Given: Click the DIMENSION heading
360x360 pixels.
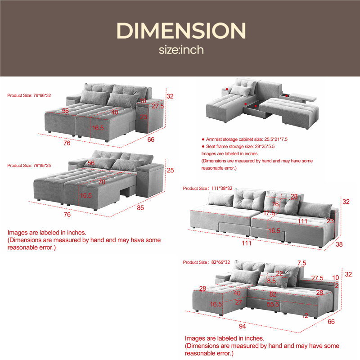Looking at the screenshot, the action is tap(181, 31).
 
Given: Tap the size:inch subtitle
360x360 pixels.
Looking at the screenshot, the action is tap(181, 50).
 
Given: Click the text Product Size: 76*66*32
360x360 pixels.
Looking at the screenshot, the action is tap(29, 95).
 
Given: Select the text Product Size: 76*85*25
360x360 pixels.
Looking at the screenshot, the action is tap(29, 166).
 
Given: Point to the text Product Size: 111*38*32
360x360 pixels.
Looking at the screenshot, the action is tap(207, 189).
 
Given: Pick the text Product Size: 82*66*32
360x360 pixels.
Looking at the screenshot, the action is tap(207, 262).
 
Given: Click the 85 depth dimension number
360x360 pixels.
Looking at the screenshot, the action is tap(140, 208).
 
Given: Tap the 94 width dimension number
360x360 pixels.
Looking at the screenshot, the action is tap(242, 327).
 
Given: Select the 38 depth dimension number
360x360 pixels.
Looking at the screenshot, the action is tap(339, 244).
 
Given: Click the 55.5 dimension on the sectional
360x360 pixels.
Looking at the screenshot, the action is tap(273, 305).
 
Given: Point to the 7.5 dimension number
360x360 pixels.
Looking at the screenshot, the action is tap(301, 263).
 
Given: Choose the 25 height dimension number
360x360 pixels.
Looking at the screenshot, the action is tap(170, 171).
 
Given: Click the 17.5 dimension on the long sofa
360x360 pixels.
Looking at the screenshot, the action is tap(269, 213).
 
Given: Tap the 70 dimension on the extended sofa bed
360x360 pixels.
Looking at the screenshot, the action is tap(102, 182).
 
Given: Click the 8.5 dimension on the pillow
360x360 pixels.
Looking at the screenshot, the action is tap(271, 281).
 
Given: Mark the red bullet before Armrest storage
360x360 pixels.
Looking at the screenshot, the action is tap(203, 139).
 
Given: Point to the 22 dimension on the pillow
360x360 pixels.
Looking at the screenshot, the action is tap(279, 274).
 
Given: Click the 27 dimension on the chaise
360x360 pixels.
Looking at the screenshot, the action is tap(238, 302).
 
